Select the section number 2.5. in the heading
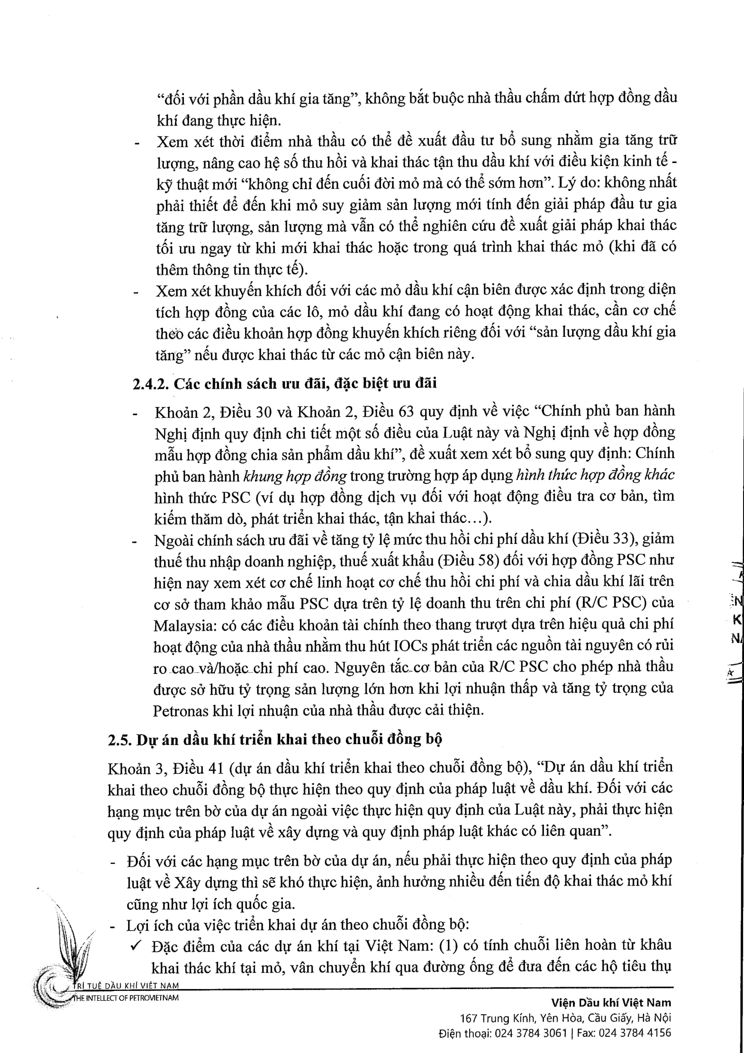[x=120, y=740]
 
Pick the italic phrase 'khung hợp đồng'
[x=295, y=476]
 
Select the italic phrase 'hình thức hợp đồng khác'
[x=595, y=475]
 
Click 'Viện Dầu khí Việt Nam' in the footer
[x=611, y=1003]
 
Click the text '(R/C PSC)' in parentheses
[x=611, y=603]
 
